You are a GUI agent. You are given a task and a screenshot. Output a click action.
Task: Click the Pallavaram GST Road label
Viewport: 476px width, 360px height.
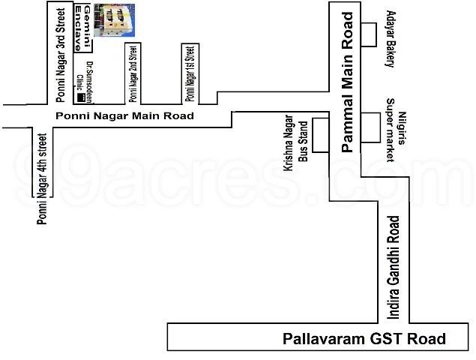(x=364, y=338)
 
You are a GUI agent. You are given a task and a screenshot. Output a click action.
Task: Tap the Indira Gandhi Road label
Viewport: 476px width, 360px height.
(x=394, y=265)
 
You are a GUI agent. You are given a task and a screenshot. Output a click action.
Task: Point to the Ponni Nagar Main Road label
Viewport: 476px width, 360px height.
(x=125, y=116)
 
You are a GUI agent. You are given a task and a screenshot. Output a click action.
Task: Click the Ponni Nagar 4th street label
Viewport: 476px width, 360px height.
(x=42, y=179)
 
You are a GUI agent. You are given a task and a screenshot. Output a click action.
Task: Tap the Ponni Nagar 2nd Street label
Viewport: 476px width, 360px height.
(x=133, y=73)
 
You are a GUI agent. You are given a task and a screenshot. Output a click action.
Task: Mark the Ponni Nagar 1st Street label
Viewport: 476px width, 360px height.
(x=190, y=73)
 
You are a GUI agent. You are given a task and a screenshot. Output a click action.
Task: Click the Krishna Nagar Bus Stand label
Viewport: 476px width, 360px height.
(x=295, y=151)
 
